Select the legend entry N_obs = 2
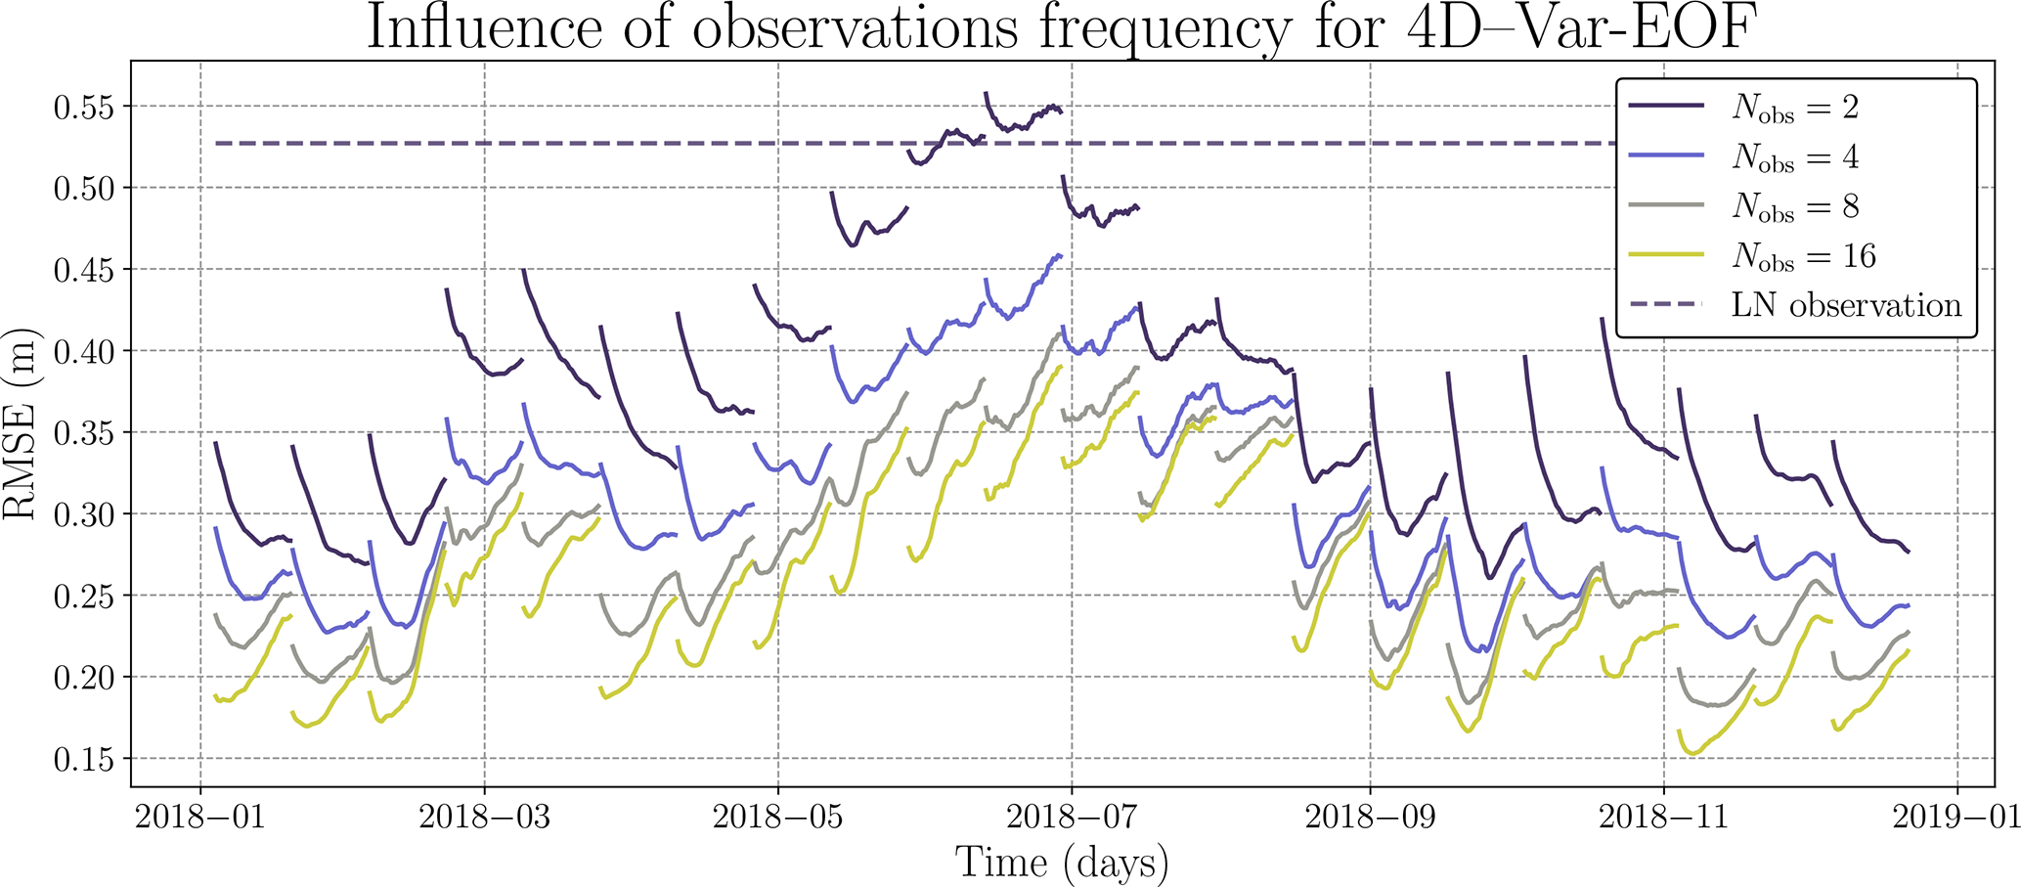[x=1795, y=107]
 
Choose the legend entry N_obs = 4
[x=1795, y=156]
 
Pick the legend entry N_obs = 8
[x=1795, y=206]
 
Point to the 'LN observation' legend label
[x=1846, y=305]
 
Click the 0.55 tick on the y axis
[x=84, y=107]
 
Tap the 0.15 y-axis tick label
[x=84, y=759]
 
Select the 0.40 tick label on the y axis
[x=84, y=351]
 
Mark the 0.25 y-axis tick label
[x=84, y=596]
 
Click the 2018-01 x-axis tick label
[x=200, y=817]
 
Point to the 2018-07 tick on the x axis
[x=1072, y=817]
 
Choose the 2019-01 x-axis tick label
[x=1956, y=817]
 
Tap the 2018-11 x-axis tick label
[x=1663, y=817]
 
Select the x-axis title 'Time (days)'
[x=1062, y=863]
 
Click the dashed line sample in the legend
[x=1667, y=305]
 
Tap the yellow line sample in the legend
[x=1667, y=255]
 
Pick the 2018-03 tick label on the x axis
[x=484, y=817]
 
